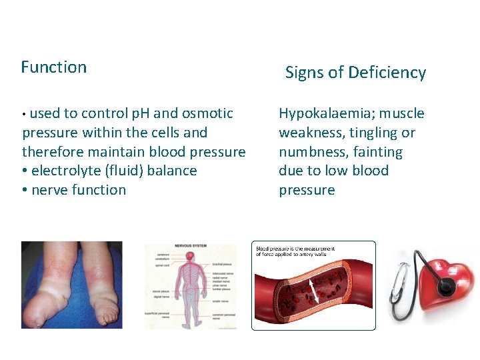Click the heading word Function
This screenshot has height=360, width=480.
click(53, 67)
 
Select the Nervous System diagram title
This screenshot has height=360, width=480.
click(191, 246)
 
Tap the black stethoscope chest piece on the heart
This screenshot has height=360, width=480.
click(445, 287)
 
